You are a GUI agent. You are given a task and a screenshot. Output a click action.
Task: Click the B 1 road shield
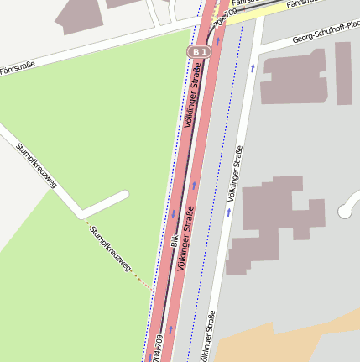pyautogui.click(x=197, y=52)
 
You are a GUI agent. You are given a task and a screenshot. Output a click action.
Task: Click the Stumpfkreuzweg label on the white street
pyautogui.click(x=34, y=165)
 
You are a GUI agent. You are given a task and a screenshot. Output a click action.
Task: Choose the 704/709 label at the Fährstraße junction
pyautogui.click(x=221, y=18)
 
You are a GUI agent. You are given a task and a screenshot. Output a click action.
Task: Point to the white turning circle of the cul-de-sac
pyautogui.click(x=347, y=212)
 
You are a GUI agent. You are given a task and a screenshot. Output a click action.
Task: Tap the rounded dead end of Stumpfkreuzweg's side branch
pyautogui.click(x=123, y=196)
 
